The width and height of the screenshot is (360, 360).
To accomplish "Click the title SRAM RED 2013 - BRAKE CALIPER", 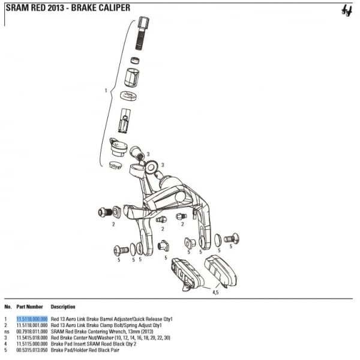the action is [x=68, y=8].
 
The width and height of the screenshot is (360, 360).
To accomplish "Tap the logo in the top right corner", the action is [x=347, y=11].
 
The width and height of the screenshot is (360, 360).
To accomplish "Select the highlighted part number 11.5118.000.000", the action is [x=32, y=319].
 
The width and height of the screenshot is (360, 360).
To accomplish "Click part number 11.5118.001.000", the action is [x=32, y=325].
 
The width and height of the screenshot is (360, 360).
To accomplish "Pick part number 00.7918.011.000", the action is [x=32, y=332].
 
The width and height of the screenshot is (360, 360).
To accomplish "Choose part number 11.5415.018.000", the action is [x=32, y=338].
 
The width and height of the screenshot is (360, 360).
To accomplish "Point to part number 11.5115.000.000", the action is [x=32, y=344].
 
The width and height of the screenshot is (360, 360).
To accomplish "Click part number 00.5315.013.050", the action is [x=32, y=350].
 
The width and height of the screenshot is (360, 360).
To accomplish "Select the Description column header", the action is [x=63, y=307].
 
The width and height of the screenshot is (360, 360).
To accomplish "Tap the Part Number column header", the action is [x=29, y=307].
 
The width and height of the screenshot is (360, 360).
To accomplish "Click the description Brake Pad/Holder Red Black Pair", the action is [x=85, y=350].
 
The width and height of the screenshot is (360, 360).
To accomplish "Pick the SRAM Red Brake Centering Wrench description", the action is [x=102, y=332].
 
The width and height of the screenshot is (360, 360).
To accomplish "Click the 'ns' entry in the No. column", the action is [x=7, y=332].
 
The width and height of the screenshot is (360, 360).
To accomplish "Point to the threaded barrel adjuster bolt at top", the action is [x=142, y=33].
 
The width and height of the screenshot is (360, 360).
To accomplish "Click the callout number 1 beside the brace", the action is [x=106, y=91].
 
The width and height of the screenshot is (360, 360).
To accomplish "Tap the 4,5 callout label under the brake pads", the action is [x=215, y=292].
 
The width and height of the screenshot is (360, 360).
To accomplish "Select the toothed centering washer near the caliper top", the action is [x=151, y=167].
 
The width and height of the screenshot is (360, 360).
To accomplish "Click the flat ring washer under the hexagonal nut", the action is [x=128, y=96].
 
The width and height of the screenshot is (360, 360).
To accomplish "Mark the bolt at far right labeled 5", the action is [x=232, y=238].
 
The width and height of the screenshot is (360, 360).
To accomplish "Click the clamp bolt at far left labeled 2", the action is [x=105, y=212].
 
